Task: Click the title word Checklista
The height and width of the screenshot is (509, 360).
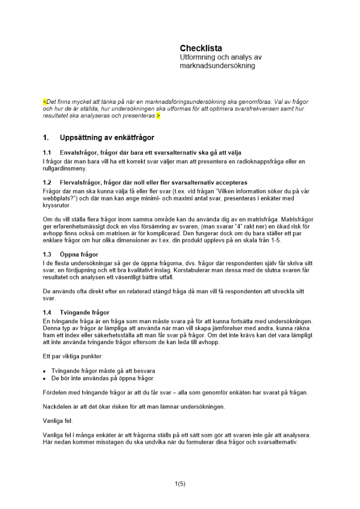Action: pos(201,48)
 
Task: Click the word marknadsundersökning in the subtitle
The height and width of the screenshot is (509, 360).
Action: pos(217,66)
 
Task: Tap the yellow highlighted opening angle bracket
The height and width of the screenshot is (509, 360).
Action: pos(44,102)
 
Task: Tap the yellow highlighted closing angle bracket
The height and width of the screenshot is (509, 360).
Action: pos(158,116)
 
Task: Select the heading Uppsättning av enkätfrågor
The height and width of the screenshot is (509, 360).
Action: pos(107,137)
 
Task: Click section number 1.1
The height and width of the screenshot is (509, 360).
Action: pos(47,152)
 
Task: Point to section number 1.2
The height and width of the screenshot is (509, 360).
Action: pos(47,182)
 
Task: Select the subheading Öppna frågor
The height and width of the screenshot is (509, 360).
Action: pos(79,254)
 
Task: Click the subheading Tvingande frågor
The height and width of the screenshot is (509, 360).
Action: pos(85,312)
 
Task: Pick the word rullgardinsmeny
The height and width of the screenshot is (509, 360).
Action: pos(65,168)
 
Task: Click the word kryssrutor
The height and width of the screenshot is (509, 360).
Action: pos(57,205)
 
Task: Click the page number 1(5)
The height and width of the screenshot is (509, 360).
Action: pos(180,484)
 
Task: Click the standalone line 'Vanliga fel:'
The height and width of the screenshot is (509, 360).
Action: pos(58,421)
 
